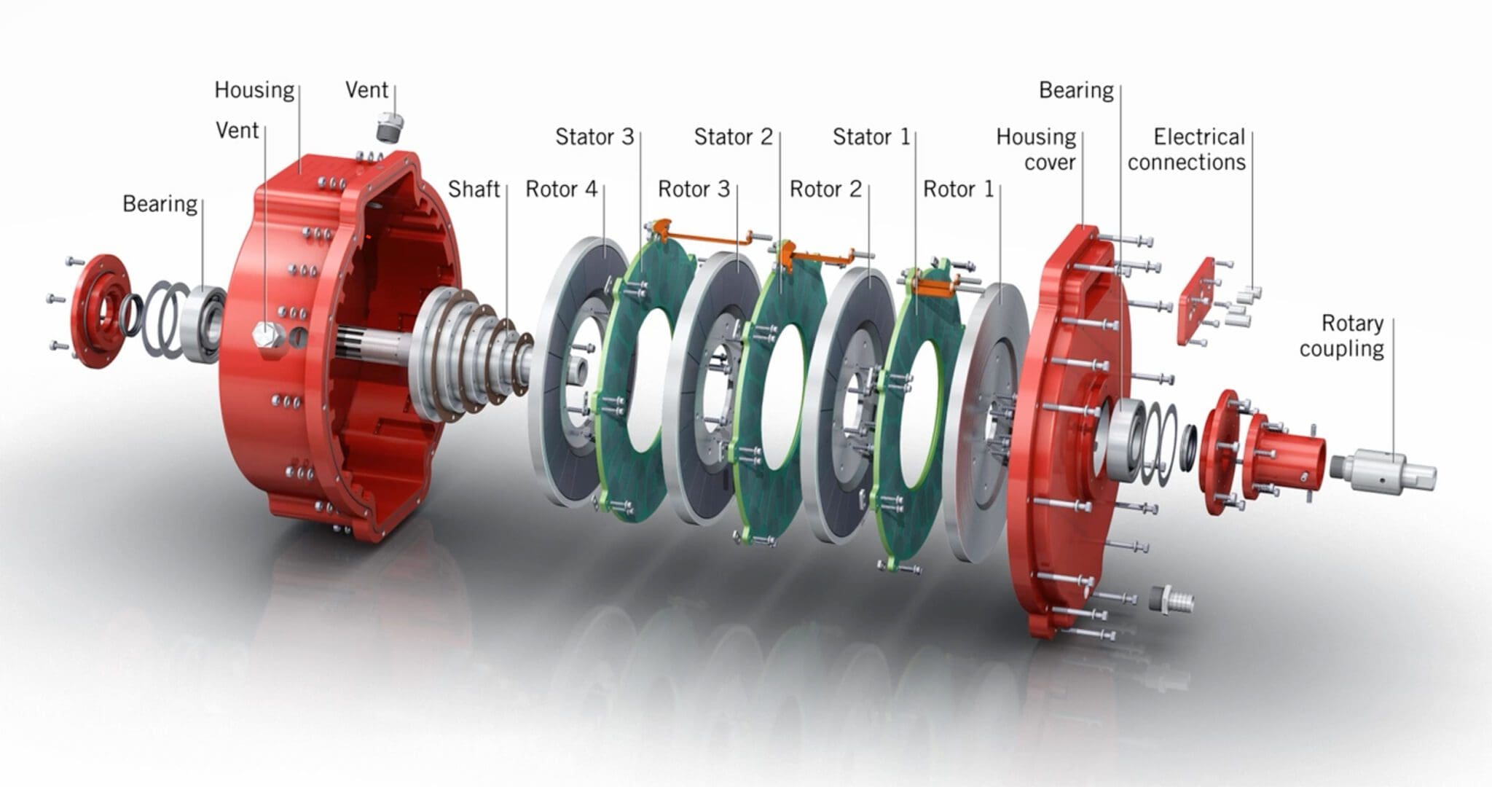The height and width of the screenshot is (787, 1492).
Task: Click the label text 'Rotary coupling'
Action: tap(1341, 335)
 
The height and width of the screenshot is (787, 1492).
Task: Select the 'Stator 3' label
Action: tap(594, 137)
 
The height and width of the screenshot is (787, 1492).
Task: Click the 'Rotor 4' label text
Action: tap(561, 189)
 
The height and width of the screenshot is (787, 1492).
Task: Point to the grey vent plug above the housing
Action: tap(385, 128)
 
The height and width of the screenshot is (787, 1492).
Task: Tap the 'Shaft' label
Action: tap(474, 189)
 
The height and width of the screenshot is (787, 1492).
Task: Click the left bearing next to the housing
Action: tap(205, 324)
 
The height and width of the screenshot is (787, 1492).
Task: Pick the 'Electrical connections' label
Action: tap(1187, 149)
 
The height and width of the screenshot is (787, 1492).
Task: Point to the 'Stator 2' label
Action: tap(733, 137)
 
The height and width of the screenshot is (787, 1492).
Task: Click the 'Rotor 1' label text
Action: tap(958, 189)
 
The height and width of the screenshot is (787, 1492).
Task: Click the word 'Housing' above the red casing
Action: tap(254, 90)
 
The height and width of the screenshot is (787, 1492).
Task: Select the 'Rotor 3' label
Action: tap(694, 189)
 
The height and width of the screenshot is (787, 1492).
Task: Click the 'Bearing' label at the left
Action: tap(160, 204)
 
